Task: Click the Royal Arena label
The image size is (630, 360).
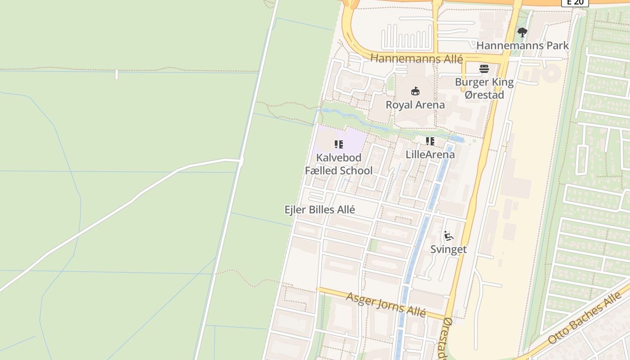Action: pos(415,105)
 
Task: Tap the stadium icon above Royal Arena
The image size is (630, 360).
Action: pos(415,91)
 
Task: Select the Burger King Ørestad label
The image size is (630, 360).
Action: pos(484,88)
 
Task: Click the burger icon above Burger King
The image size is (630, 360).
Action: pos(484,69)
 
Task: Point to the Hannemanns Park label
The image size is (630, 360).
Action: pos(522,45)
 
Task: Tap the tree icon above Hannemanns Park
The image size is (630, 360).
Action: pos(522,32)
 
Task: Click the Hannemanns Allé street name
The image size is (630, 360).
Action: pos(416,58)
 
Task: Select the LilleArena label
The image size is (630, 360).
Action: pos(430,154)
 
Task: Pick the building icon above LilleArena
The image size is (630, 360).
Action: pos(430,141)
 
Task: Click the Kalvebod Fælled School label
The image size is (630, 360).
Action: pos(339,164)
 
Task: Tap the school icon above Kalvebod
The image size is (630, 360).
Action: pos(339,144)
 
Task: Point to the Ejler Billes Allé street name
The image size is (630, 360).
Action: pos(320,210)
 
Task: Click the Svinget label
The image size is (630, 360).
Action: pos(448,249)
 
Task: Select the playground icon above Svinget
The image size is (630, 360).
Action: pos(448,236)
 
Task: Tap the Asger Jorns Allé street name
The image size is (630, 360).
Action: pos(386,305)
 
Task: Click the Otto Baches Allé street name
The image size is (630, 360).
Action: pos(585,318)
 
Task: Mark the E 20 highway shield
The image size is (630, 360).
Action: pos(575,2)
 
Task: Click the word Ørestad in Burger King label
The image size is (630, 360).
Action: pos(484,95)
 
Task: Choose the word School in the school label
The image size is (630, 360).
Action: pos(356,171)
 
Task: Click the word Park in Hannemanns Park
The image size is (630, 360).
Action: pos(556,45)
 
